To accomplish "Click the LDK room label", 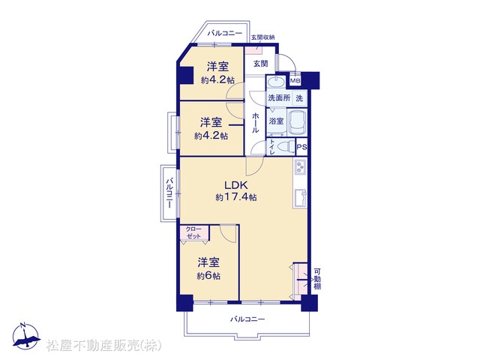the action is click(x=235, y=185).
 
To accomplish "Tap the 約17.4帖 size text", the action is click(x=236, y=197).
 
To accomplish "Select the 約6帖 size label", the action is click(x=208, y=276).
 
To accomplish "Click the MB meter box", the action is click(x=295, y=80).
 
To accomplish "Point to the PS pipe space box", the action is click(x=301, y=147).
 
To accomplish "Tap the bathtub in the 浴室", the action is click(x=298, y=122).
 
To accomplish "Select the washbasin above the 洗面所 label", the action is click(x=277, y=82).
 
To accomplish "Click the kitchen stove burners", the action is click(x=300, y=167).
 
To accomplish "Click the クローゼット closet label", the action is click(x=193, y=232).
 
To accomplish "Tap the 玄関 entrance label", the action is click(x=260, y=63).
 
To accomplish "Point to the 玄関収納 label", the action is click(x=262, y=37).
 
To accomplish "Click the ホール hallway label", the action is click(x=255, y=123).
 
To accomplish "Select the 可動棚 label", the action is click(x=317, y=279).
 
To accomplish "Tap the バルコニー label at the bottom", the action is click(x=247, y=319).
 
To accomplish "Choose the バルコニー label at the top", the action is click(x=225, y=33).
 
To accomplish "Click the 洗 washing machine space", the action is click(x=299, y=98).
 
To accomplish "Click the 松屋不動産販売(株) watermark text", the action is click(x=104, y=346).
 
